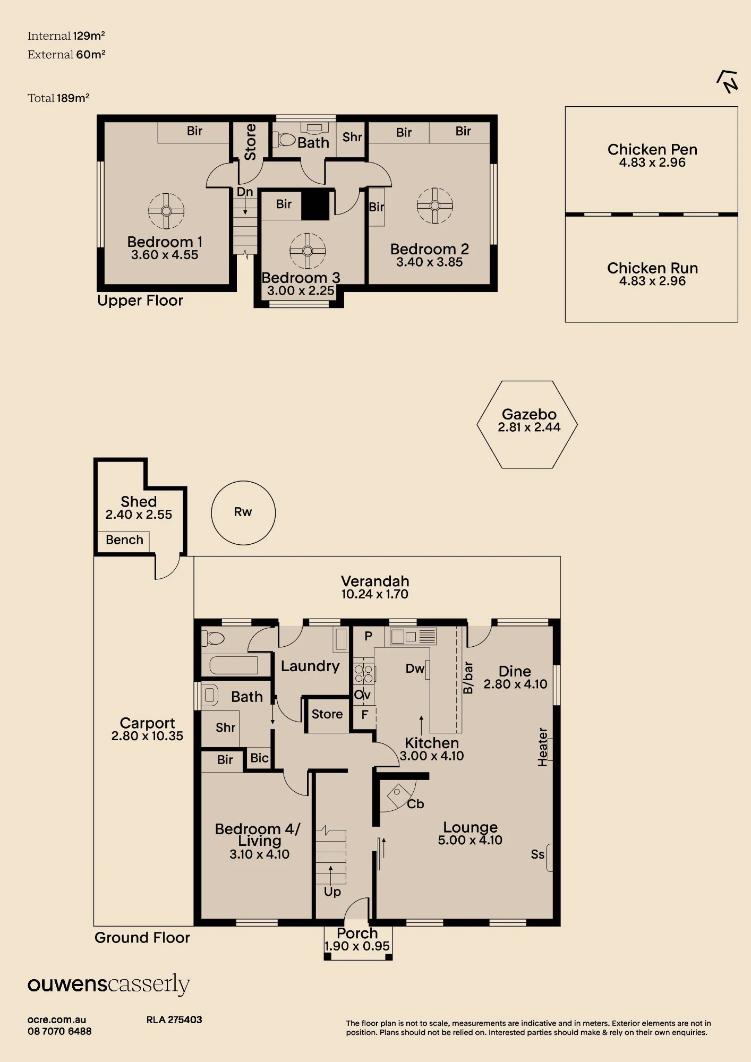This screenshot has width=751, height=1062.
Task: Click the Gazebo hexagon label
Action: pos(529,414)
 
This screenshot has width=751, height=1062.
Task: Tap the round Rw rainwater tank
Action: pos(243,512)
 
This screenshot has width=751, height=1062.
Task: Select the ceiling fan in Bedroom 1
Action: pos(166,211)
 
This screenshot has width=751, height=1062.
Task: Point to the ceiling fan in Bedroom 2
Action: pos(435,205)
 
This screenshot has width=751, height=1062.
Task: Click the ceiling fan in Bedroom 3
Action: pos(308,251)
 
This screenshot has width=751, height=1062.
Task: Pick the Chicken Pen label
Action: pos(652,149)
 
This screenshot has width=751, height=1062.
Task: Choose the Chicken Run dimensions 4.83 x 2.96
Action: pos(652,281)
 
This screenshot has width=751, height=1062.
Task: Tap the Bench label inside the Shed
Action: pos(124,539)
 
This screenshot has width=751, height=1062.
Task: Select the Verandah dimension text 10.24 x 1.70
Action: pos(375,594)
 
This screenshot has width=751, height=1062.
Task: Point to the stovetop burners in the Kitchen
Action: pos(364,673)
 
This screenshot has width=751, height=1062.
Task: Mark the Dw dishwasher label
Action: pos(415,669)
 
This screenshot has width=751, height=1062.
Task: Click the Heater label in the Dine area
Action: pos(542,747)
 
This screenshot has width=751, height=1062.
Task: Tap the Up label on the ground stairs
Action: pos(332,892)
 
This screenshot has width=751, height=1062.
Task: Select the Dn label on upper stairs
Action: pos(245,192)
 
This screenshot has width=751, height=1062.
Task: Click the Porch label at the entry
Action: pos(357,933)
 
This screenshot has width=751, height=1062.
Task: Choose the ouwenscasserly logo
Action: pos(109,984)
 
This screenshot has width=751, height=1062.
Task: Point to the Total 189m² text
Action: pos(58,98)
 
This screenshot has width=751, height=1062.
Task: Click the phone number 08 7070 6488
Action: pos(59,1031)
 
